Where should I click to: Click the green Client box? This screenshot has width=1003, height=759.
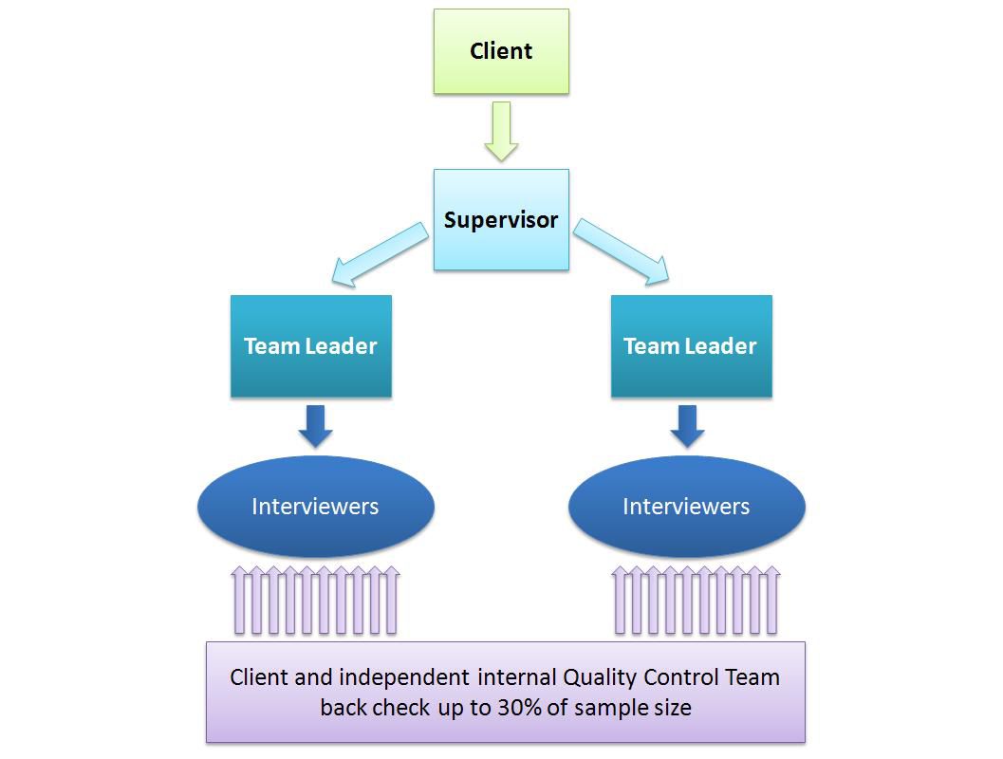(x=501, y=51)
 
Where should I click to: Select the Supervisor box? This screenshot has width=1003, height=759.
(x=501, y=220)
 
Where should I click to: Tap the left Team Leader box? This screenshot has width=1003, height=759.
(x=310, y=346)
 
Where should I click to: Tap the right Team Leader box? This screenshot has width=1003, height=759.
(x=690, y=346)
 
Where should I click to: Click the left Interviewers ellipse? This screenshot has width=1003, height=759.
(x=315, y=507)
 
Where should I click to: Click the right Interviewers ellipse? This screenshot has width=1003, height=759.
(x=686, y=507)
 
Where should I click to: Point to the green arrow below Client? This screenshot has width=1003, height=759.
(x=501, y=131)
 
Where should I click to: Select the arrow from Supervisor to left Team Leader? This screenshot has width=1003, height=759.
(x=379, y=254)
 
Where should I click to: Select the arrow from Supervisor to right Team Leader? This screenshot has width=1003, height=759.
(x=622, y=252)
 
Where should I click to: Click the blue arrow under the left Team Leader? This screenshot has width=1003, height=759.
(x=315, y=426)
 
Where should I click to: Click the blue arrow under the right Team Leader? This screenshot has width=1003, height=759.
(x=687, y=426)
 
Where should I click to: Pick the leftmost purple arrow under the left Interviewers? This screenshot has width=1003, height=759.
(x=239, y=601)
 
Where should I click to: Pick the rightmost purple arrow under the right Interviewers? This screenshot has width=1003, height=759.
(x=771, y=601)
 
